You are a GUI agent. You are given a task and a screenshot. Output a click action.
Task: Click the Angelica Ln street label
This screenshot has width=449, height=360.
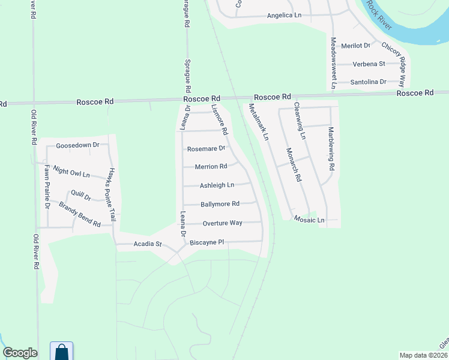(x=284, y=16)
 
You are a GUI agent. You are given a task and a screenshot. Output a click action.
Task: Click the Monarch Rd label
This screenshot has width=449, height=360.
(x=293, y=165)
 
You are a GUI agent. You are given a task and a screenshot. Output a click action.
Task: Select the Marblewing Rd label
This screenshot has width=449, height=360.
(x=330, y=147)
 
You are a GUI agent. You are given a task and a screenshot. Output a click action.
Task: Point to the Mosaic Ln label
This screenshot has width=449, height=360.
(x=309, y=220)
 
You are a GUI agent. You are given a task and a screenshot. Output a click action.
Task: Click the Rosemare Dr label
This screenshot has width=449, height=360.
(x=206, y=149)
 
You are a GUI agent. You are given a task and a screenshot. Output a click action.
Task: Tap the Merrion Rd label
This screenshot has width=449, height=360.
(x=211, y=167)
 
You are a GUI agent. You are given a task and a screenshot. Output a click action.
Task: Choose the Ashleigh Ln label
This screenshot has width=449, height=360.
(x=217, y=185)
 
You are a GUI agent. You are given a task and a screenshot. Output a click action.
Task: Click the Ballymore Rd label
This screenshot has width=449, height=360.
(x=220, y=204)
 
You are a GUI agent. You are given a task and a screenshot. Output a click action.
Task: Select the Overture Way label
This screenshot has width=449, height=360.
(x=222, y=223)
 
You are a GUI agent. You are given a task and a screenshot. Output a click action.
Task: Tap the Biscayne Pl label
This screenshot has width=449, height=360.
(x=206, y=242)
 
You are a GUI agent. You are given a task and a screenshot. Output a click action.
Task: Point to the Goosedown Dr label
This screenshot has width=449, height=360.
(x=77, y=145)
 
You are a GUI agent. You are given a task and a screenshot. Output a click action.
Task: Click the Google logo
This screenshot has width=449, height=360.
(x=20, y=353)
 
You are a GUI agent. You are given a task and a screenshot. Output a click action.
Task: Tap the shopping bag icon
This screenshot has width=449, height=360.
(x=61, y=352)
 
